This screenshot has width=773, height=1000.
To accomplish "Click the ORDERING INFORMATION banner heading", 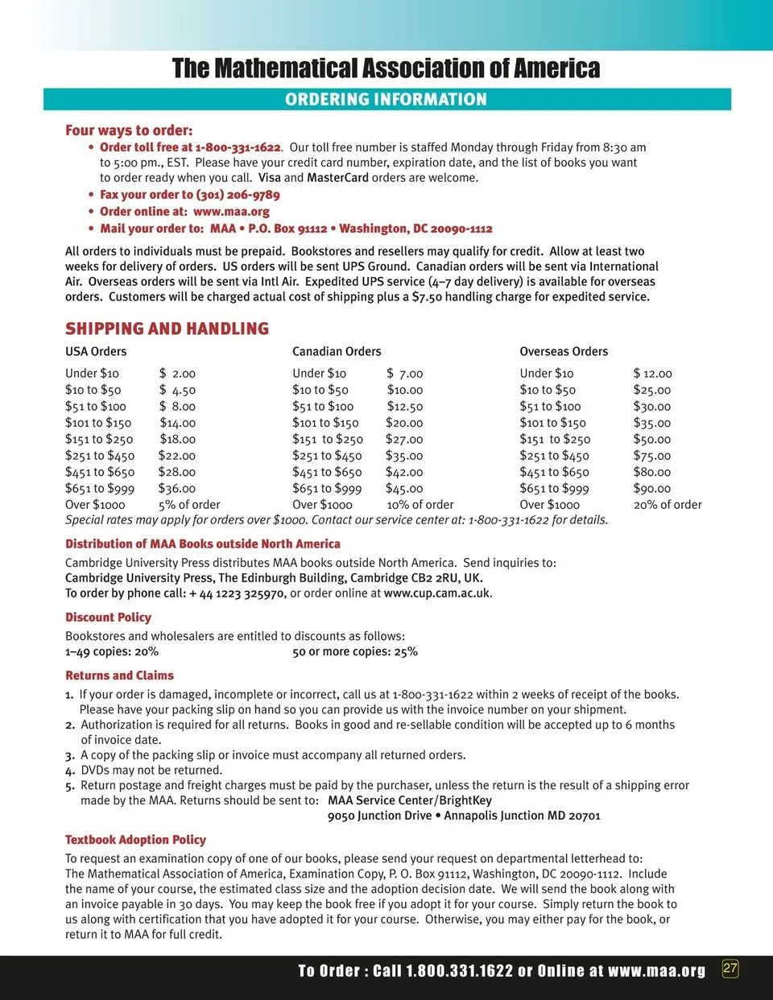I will [x=386, y=99].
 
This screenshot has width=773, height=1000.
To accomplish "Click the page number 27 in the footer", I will [x=730, y=969].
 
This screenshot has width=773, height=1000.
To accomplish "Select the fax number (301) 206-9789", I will [x=238, y=195].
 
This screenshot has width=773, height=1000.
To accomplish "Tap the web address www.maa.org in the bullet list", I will [x=231, y=212].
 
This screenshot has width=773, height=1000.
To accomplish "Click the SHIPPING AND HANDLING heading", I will [x=167, y=329].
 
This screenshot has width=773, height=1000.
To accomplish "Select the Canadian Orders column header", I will [x=337, y=351].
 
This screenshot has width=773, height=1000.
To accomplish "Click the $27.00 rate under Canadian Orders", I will [x=404, y=440].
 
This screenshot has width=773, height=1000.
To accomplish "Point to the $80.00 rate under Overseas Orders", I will [x=651, y=473].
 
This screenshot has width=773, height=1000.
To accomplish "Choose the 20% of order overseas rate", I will [x=668, y=505].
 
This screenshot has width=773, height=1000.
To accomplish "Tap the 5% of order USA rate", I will [x=189, y=505].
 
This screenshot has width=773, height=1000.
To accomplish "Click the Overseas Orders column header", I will [x=564, y=351].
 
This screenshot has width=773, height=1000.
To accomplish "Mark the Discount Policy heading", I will [x=108, y=618].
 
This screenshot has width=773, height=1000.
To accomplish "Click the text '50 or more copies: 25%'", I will [x=355, y=651].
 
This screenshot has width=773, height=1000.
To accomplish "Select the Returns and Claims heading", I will [x=119, y=676].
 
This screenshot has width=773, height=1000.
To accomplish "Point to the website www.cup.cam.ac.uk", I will [x=437, y=593].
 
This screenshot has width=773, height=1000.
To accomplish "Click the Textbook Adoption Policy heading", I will [x=135, y=840].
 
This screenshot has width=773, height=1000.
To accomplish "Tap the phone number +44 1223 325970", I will [x=237, y=593].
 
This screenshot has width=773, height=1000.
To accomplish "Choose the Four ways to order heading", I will [x=129, y=130].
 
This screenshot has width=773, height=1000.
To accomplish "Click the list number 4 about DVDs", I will [x=69, y=771].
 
